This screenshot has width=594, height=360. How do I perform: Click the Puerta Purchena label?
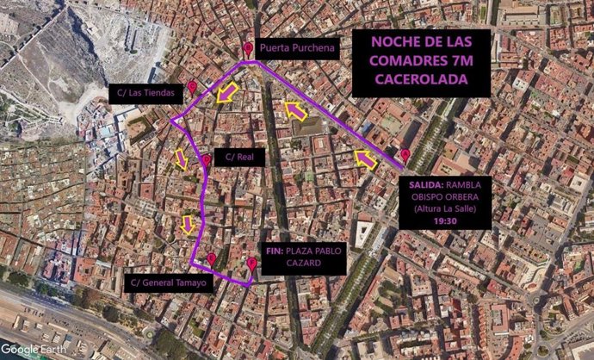(297, 50)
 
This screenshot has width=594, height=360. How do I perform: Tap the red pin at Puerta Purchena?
(248, 50)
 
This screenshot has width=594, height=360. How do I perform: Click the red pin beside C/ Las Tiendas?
(192, 88)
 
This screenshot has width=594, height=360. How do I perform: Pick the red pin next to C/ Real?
(207, 160)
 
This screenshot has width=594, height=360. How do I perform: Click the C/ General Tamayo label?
(171, 282)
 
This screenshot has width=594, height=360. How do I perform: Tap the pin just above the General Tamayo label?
(212, 258)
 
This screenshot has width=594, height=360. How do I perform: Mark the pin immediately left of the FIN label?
(251, 264)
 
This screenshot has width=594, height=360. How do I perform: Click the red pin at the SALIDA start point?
(405, 156)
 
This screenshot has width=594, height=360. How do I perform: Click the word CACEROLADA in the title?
(421, 78)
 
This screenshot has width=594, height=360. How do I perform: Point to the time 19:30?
(444, 220)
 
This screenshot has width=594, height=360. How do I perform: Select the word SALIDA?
(425, 182)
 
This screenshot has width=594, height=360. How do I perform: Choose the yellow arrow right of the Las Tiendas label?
(226, 93)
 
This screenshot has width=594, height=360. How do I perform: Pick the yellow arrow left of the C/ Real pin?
(182, 158)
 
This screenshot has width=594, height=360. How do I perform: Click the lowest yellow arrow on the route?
(189, 225)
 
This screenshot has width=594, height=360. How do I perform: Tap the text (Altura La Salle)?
(444, 208)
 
